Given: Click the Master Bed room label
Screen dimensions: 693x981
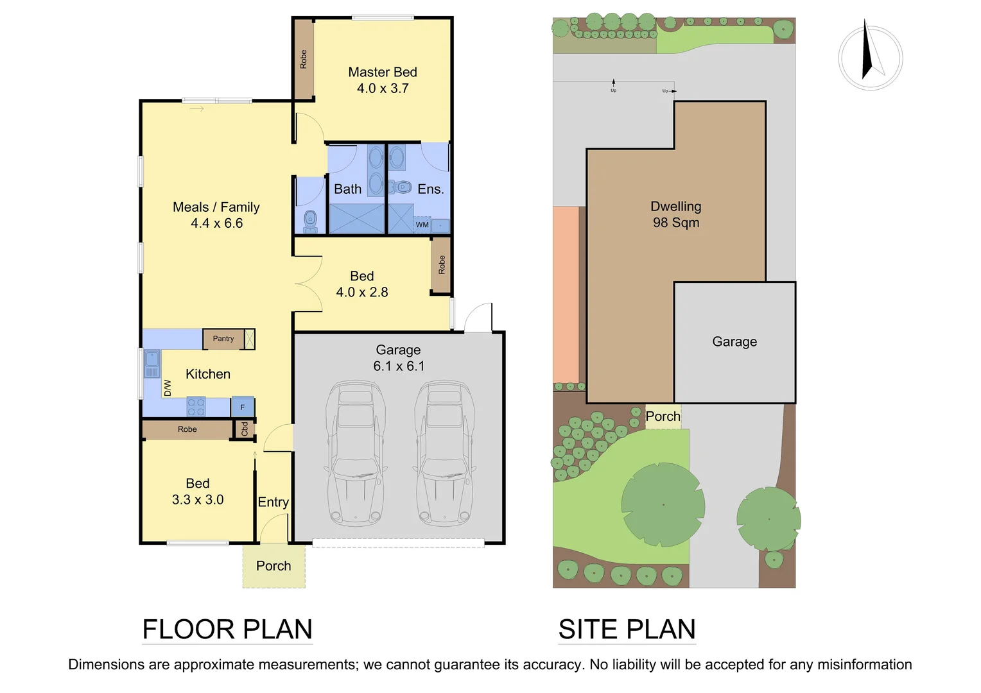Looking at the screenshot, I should point(383,73).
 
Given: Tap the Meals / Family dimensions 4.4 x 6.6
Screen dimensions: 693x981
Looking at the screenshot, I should point(216,223).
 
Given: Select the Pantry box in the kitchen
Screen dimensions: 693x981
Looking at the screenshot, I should point(223,339).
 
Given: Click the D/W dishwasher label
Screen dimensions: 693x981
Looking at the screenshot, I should point(168,388).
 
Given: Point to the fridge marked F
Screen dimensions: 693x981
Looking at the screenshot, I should point(243,407).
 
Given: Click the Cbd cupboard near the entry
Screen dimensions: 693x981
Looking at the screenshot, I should point(245,429).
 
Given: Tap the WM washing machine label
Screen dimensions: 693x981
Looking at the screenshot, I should point(422,225).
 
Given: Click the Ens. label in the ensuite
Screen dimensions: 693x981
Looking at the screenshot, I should point(430,189).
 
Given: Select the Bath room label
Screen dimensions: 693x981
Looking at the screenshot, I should point(347,189).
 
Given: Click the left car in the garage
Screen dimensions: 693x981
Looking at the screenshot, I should point(355,452).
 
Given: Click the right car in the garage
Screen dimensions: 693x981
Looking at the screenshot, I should point(444,452).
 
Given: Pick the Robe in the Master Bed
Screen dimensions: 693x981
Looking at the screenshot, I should point(304,59).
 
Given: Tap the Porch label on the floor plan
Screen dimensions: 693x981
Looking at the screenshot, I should point(273,566).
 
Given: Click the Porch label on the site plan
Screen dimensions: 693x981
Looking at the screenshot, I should point(663,416).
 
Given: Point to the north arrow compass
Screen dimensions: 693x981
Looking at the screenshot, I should point(870,58).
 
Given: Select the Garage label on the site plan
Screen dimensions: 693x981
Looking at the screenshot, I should point(734,342).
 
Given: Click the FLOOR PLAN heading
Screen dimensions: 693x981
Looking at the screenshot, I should point(227,629).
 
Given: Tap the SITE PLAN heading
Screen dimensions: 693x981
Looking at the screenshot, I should point(627,629).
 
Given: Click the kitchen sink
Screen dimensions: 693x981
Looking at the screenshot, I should point(152,364).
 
